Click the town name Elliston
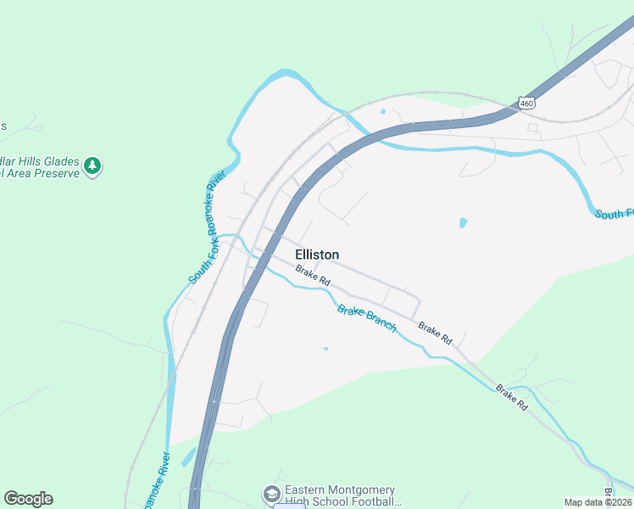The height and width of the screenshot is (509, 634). coord(317,255)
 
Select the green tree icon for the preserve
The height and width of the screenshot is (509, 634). coord(93,165)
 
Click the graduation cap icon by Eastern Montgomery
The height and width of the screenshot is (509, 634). coord(271,494)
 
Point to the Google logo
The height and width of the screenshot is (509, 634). coord(28,499)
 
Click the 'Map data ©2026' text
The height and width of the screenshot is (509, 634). coord(598,502)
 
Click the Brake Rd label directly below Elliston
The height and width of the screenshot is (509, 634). coord(313,275)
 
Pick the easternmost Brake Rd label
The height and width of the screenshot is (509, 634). coord(511,398)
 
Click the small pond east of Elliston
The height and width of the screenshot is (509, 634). coord(463,223)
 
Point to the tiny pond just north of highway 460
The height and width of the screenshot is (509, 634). coord(384,111)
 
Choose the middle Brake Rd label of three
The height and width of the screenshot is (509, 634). coord(434,333)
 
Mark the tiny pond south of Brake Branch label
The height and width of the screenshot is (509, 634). coord(325,348)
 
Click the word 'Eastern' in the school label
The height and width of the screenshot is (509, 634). coord(306,489)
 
